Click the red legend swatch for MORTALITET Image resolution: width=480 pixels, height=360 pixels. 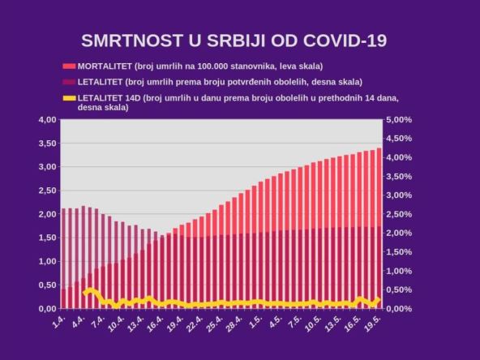[69, 66]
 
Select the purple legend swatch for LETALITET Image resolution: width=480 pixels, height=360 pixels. [69, 82]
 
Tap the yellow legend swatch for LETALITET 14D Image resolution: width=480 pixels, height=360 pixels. [69, 98]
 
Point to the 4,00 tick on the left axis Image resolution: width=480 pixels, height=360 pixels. [46, 120]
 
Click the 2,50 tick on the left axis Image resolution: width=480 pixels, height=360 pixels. [46, 191]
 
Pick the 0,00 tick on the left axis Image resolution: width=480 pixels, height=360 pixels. [46, 309]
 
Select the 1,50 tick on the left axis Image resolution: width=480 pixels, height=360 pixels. [46, 238]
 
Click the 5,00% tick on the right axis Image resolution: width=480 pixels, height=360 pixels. [399, 120]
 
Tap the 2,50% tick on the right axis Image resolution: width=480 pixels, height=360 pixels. [399, 214]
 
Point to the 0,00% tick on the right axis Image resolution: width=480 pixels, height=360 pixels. [399, 309]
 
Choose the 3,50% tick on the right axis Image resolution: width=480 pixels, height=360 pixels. [399, 177]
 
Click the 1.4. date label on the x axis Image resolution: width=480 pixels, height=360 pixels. [58, 323]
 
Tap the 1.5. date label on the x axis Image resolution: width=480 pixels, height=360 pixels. [255, 323]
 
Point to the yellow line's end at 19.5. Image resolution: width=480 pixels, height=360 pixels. [379, 299]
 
